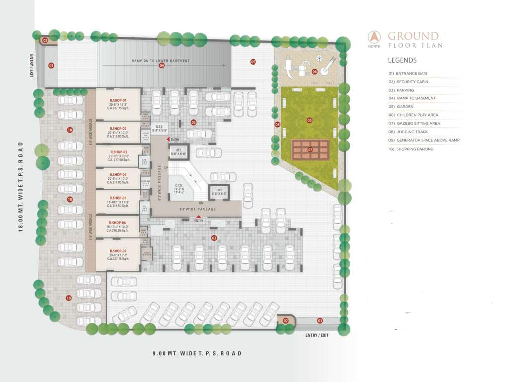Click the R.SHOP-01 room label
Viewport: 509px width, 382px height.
coord(118,100)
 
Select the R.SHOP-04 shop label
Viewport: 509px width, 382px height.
coord(118,174)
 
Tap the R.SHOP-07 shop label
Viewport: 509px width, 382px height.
coord(118,251)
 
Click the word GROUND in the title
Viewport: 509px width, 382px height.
coord(413,36)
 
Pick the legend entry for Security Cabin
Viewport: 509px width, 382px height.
coord(412,82)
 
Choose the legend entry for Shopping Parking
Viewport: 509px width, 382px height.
coord(415,149)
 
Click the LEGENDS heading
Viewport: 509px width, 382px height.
coord(402,60)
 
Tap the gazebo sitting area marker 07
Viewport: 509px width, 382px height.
coord(310,149)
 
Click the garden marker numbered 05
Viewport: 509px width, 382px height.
coord(310,120)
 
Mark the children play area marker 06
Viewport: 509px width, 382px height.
coord(315,71)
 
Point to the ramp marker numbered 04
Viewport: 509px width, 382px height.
coord(162,66)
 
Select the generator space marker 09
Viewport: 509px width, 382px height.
coord(253,62)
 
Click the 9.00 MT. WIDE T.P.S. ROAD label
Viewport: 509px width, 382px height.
coord(197,353)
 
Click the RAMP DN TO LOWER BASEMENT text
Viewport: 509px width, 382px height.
coord(161,61)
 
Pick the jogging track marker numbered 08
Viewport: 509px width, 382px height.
coord(277,124)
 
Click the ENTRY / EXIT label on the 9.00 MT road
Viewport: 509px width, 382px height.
coord(317,335)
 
